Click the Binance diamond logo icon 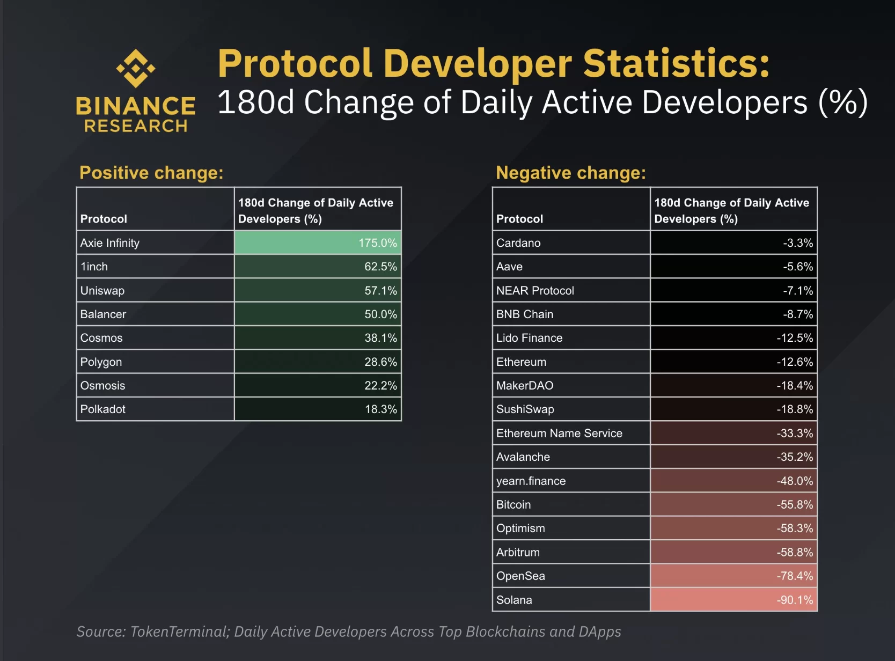click(x=136, y=68)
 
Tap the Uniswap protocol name click(x=102, y=291)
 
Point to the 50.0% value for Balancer click(x=380, y=314)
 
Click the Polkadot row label click(x=103, y=409)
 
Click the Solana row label click(x=514, y=600)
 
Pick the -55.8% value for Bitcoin click(x=794, y=505)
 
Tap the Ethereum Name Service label click(x=559, y=434)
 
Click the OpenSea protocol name click(x=520, y=576)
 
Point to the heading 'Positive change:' click(x=151, y=173)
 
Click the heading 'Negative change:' click(x=571, y=173)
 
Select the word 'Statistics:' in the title click(x=676, y=63)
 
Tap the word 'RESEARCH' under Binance click(x=136, y=126)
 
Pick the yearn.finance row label click(x=531, y=481)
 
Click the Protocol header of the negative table click(x=519, y=219)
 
